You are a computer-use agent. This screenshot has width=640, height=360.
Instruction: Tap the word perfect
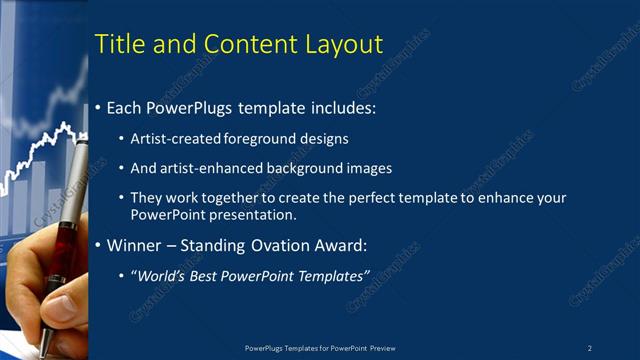click(x=357, y=198)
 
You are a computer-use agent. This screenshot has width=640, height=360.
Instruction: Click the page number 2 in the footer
click(x=590, y=348)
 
